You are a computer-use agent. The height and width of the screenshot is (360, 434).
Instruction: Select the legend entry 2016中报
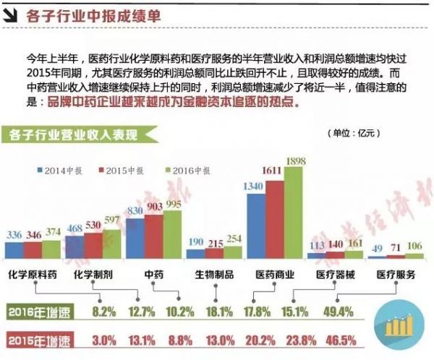(x=188, y=171)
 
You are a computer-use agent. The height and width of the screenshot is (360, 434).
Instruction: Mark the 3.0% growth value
(x=104, y=338)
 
